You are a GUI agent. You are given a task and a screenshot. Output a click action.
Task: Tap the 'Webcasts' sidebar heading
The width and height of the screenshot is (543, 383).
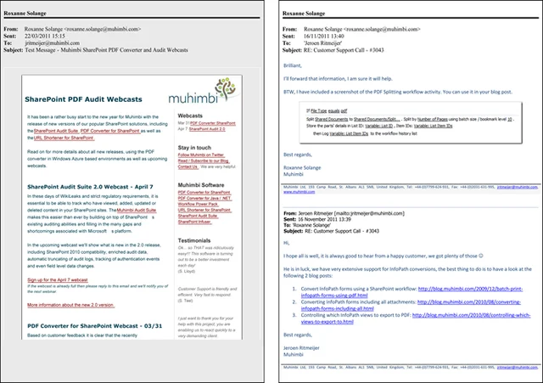(x=191, y=113)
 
